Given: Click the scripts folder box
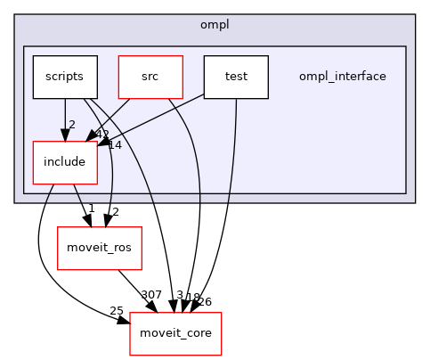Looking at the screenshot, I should [64, 77].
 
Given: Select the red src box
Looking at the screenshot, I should [150, 77].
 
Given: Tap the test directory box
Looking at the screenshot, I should [236, 77].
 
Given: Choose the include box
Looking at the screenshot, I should [64, 162].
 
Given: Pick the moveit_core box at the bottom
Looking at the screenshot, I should [175, 333].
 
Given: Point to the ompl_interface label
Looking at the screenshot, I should [343, 77].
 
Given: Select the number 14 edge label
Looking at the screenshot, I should [114, 143].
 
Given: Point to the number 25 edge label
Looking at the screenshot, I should [116, 310].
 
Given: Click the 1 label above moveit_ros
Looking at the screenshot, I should [91, 208].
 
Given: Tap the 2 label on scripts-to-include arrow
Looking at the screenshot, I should [71, 125].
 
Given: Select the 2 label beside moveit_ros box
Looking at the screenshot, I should [116, 211].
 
